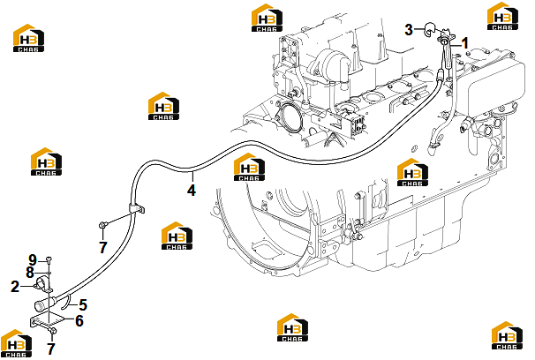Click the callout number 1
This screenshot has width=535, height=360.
[x=464, y=43]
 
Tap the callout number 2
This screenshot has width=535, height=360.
[x=15, y=287]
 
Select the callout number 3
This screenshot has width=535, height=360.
[x=409, y=30]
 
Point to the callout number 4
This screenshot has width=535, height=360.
[x=192, y=191]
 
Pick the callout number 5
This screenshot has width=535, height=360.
[x=83, y=304]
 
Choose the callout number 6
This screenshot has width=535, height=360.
[x=79, y=321]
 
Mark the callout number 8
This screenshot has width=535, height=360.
[x=30, y=272]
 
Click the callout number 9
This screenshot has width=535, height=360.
[x=33, y=260]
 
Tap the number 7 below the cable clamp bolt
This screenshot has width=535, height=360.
[x=103, y=247]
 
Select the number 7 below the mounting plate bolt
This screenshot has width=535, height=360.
[x=51, y=349]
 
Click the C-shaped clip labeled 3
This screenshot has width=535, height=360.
[x=428, y=29]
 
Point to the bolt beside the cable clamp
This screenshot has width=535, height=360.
[x=103, y=225]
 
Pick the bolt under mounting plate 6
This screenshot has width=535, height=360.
[x=52, y=331]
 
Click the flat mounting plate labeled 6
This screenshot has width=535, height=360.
[x=46, y=321]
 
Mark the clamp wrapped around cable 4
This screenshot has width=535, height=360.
[x=137, y=208]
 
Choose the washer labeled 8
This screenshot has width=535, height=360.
[x=49, y=273]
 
